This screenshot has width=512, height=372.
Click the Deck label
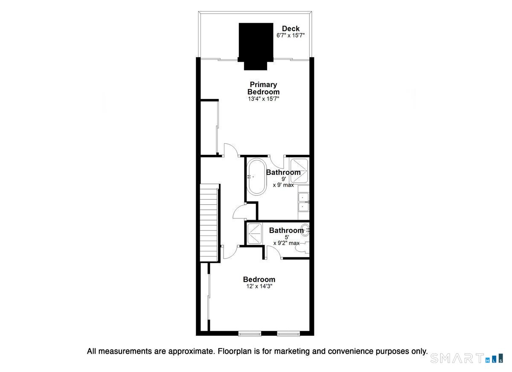[291, 29]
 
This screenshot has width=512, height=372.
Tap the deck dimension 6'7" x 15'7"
[291, 35]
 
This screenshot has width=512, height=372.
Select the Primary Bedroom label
[263, 88]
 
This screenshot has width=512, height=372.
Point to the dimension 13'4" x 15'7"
[264, 99]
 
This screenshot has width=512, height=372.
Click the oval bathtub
[257, 177]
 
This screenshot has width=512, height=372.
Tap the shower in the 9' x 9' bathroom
[299, 171]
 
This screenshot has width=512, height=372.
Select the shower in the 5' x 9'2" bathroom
[254, 233]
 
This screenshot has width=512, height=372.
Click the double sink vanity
[303, 202]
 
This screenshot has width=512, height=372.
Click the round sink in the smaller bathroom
[305, 230]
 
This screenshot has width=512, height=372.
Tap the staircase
[209, 223]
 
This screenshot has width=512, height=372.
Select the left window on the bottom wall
[250, 334]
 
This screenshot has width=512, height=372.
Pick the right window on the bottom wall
[288, 334]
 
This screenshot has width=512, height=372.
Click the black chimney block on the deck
[256, 46]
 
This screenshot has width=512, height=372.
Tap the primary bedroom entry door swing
[231, 150]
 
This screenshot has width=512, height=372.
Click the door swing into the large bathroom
[276, 162]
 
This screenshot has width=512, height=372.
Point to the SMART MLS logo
[467, 358]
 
